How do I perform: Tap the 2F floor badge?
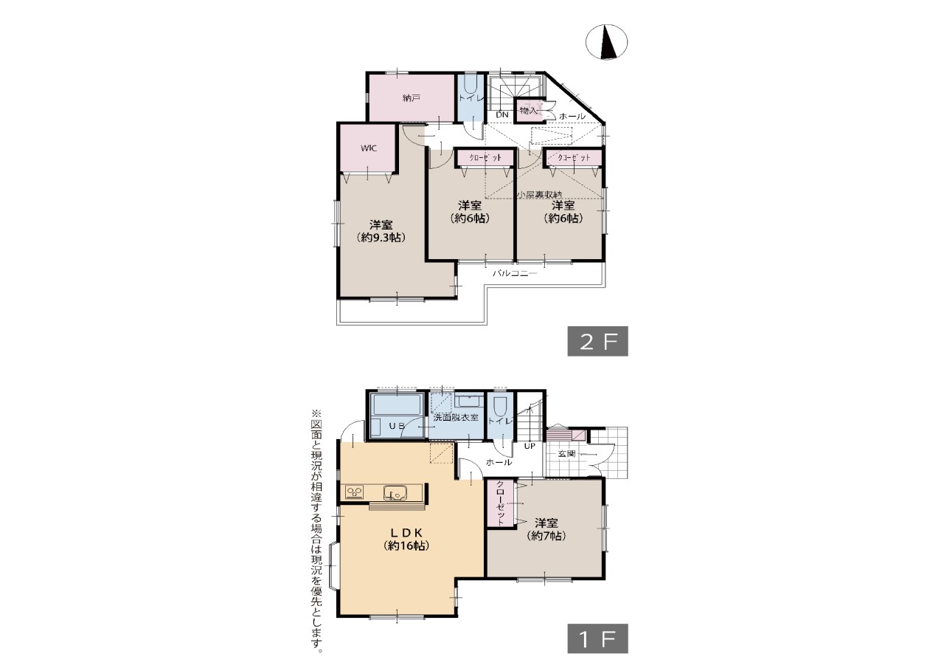tap(597, 341)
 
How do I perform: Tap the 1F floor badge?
tap(597, 638)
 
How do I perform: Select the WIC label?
tap(368, 148)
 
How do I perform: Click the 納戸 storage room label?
tap(412, 98)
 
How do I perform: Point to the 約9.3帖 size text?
tap(381, 238)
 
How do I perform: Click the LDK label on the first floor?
tap(406, 533)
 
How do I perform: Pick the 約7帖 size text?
tap(546, 536)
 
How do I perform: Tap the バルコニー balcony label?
tap(515, 273)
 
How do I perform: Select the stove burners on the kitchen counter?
tap(355, 492)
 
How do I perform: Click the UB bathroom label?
tap(396, 426)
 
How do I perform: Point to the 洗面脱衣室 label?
tap(456, 418)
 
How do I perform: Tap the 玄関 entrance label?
tap(566, 454)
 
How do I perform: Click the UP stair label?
tap(530, 446)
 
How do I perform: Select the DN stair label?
tap(502, 114)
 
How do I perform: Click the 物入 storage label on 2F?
tap(528, 111)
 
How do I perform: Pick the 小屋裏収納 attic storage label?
tap(539, 195)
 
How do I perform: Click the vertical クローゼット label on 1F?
tap(500, 503)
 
